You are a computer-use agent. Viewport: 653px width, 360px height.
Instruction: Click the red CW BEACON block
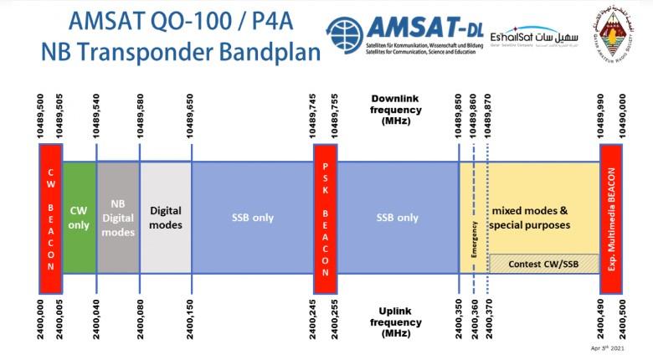(50, 218)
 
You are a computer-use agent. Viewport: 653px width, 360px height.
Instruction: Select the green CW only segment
(80, 218)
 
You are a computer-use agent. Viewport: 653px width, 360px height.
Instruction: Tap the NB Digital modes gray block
(118, 218)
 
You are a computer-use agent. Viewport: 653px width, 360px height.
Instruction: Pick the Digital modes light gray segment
(165, 218)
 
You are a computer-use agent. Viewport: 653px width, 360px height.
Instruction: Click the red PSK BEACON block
(325, 218)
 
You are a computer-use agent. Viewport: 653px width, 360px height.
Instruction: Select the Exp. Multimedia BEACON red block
(612, 218)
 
